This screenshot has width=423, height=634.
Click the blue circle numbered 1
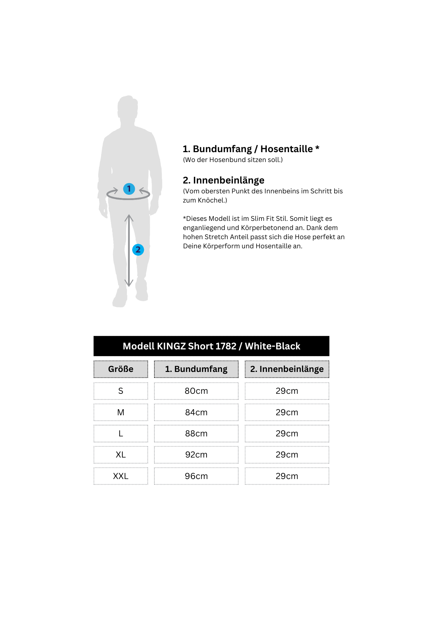[x=129, y=189]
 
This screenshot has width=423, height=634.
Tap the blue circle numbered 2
[x=138, y=250]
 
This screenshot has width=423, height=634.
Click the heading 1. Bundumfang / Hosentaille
[x=251, y=149]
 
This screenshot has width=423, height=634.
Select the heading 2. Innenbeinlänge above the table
[x=223, y=180]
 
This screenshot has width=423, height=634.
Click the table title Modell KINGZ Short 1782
[x=211, y=346]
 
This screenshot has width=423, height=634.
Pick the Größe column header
[x=121, y=369]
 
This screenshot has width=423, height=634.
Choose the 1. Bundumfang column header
[x=196, y=369]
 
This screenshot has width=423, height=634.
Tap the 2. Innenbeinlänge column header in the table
[x=287, y=369]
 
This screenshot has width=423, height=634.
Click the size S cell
[x=121, y=391]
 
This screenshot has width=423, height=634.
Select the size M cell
[x=121, y=412]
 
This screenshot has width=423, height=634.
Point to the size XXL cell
[x=121, y=476]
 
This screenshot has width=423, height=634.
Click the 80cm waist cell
[x=196, y=391]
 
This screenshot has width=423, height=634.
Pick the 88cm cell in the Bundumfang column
[x=196, y=434]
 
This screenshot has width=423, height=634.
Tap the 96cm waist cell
[x=196, y=476]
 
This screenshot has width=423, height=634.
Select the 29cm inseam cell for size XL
[x=287, y=455]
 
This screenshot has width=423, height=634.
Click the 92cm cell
[x=196, y=455]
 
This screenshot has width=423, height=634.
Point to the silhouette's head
[x=127, y=107]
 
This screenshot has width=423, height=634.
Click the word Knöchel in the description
[x=212, y=200]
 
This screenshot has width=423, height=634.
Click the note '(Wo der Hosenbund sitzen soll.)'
[x=233, y=160]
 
